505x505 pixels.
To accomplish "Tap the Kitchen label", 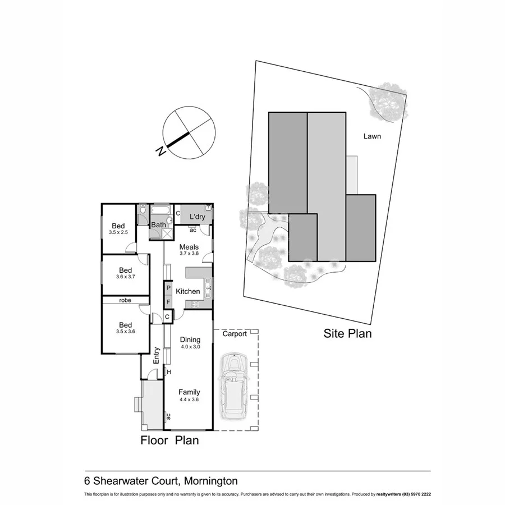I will [x=188, y=291].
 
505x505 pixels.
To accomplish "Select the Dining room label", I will [x=190, y=339].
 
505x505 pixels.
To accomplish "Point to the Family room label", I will [x=189, y=392].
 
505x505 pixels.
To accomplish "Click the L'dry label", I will [x=196, y=217].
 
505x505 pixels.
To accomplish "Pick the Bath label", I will [x=158, y=225].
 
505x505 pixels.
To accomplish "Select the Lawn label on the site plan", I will [x=372, y=136].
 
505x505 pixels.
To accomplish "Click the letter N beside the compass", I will [x=161, y=151].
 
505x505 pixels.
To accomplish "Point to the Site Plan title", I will [x=348, y=334].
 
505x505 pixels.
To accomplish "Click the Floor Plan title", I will [x=169, y=440].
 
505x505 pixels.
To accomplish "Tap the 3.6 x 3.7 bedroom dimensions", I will [x=126, y=276].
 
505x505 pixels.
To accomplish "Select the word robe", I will [x=125, y=300].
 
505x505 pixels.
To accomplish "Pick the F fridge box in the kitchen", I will [x=168, y=302].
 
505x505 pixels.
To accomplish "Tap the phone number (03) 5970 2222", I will [x=412, y=494].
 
